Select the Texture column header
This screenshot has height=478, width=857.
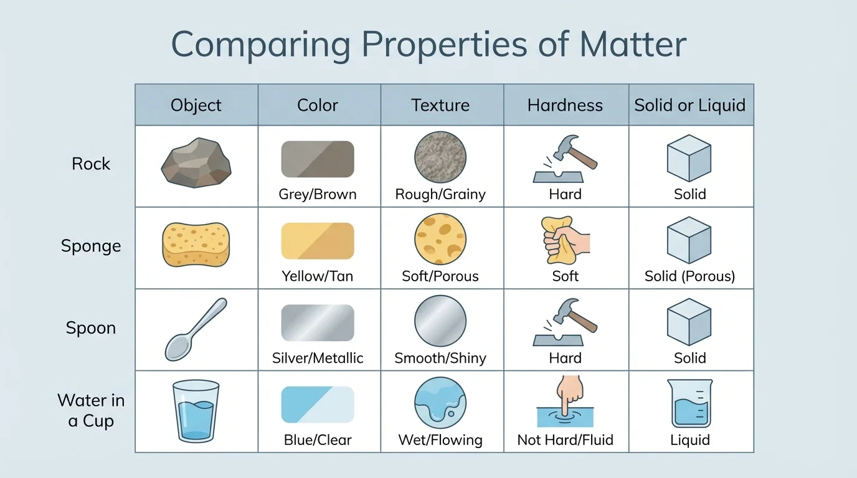(440, 105)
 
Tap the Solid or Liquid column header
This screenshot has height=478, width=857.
(690, 105)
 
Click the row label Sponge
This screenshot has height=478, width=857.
(91, 246)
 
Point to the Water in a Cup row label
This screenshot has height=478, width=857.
(91, 411)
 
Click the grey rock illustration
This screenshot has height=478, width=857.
(196, 164)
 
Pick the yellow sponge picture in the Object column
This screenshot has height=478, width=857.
(196, 245)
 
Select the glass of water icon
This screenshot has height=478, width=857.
(196, 410)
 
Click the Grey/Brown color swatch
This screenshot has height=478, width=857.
(318, 159)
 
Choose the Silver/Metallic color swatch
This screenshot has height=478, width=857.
(318, 323)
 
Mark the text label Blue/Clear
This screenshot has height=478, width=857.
(318, 440)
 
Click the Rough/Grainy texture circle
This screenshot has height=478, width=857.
(440, 157)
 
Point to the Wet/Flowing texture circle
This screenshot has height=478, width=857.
(440, 403)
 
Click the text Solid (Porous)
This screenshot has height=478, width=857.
(690, 276)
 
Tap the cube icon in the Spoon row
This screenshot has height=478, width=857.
(689, 322)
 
